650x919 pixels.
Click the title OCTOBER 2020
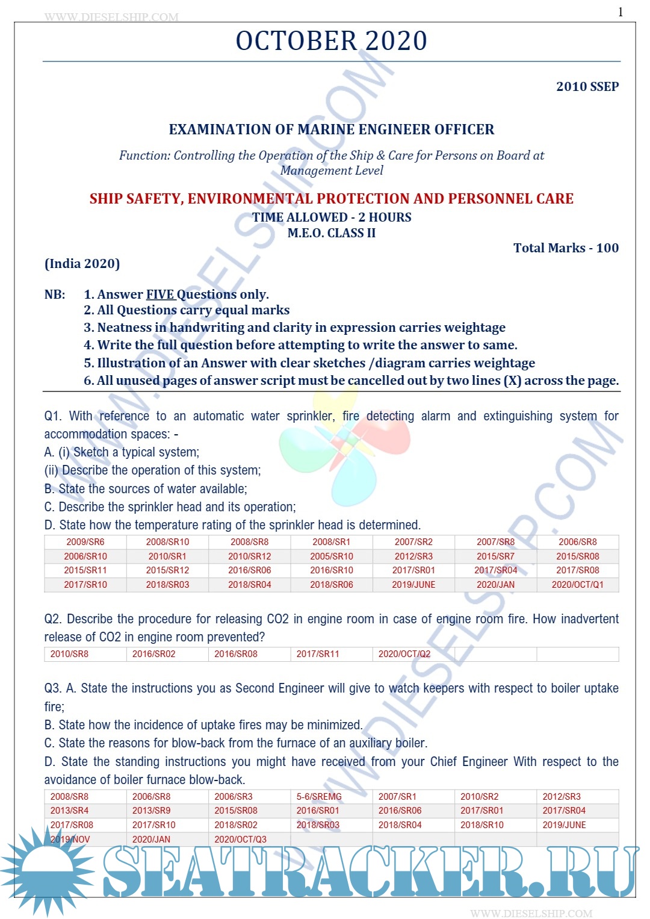[331, 41]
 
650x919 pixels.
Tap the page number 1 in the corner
[621, 12]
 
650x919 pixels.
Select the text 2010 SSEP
[587, 86]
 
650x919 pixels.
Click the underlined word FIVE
[160, 294]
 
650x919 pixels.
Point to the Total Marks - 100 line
[565, 248]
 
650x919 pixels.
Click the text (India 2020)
[82, 264]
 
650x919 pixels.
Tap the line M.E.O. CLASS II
[331, 233]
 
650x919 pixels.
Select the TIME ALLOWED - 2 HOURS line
[331, 217]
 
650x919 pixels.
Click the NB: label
[55, 294]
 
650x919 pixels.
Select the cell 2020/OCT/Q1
[577, 585]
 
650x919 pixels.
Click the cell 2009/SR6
[85, 542]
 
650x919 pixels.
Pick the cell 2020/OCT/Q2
[404, 654]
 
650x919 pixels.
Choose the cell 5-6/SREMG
[319, 797]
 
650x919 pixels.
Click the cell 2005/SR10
[332, 556]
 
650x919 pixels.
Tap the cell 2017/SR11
[318, 654]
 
